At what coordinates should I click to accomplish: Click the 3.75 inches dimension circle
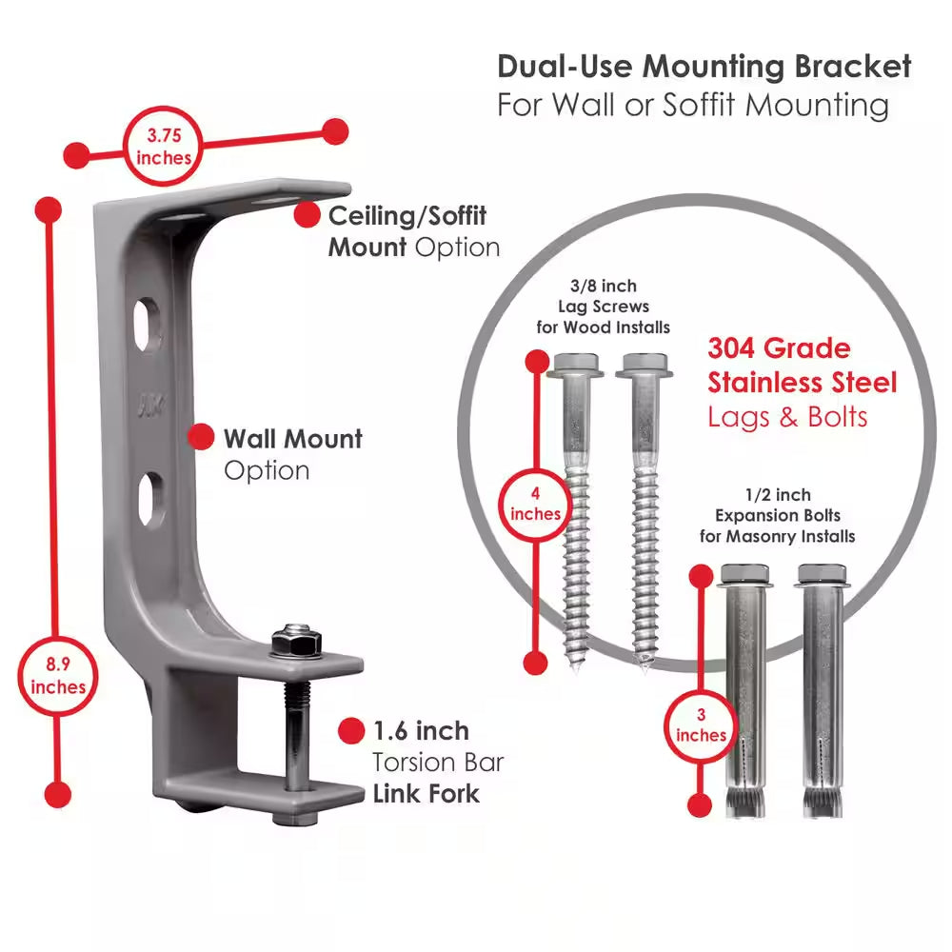163,148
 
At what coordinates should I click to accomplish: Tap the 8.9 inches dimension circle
58,674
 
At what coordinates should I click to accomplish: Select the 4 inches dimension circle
536,505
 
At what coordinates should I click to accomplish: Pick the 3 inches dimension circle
701,724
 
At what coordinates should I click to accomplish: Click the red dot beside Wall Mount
201,438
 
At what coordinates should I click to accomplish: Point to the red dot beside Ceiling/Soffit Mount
307,215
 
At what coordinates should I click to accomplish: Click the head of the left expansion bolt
746,575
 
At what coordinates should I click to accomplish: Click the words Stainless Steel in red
802,383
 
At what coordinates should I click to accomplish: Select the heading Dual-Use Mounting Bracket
704,67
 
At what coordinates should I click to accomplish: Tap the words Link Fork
426,792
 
